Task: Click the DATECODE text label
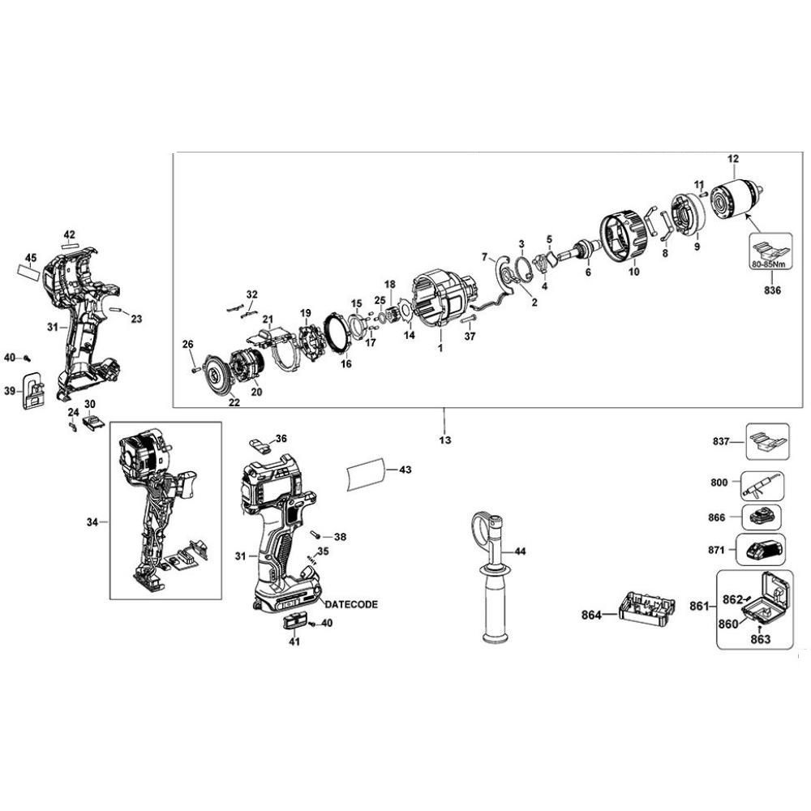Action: pyautogui.click(x=351, y=604)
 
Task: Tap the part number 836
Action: pyautogui.click(x=772, y=290)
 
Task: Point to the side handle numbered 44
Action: pyautogui.click(x=491, y=577)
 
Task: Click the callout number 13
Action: pyautogui.click(x=444, y=440)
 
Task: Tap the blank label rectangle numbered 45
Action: pyautogui.click(x=28, y=272)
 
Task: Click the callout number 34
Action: pyautogui.click(x=92, y=522)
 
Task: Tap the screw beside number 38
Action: pyautogui.click(x=314, y=534)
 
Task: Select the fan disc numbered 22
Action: pyautogui.click(x=219, y=375)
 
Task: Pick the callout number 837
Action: pyautogui.click(x=720, y=441)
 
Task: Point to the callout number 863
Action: pyautogui.click(x=760, y=640)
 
